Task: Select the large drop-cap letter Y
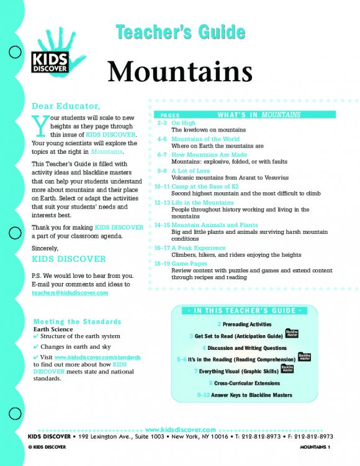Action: [x=40, y=125]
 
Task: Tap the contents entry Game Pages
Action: [x=192, y=262]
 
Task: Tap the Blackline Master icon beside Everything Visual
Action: [x=287, y=370]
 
